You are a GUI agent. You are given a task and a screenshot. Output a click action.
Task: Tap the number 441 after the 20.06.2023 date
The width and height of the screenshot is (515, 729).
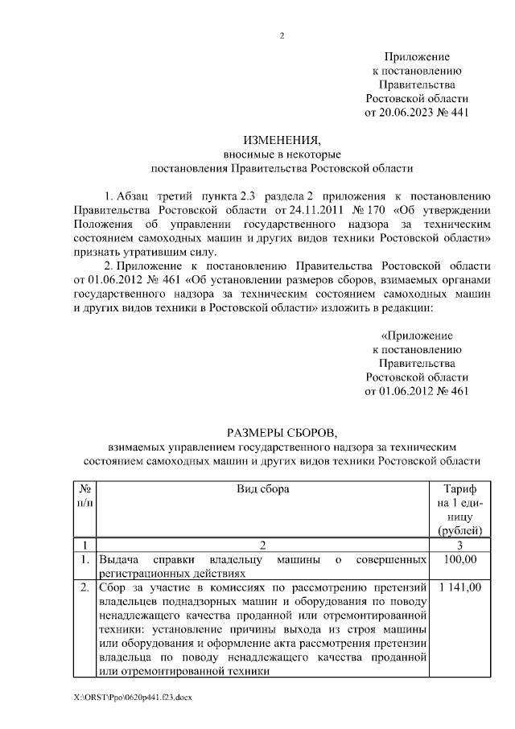(458, 113)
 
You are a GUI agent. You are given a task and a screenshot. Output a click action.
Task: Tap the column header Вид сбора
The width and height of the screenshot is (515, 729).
(262, 488)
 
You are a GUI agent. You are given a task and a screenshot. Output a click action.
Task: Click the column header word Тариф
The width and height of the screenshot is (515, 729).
(459, 488)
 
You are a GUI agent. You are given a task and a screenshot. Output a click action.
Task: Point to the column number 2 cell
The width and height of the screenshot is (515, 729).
(262, 544)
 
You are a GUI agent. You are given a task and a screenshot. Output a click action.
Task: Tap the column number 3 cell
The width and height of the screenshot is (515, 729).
(459, 544)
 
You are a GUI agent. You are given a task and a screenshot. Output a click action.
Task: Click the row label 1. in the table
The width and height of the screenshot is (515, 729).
(84, 558)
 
